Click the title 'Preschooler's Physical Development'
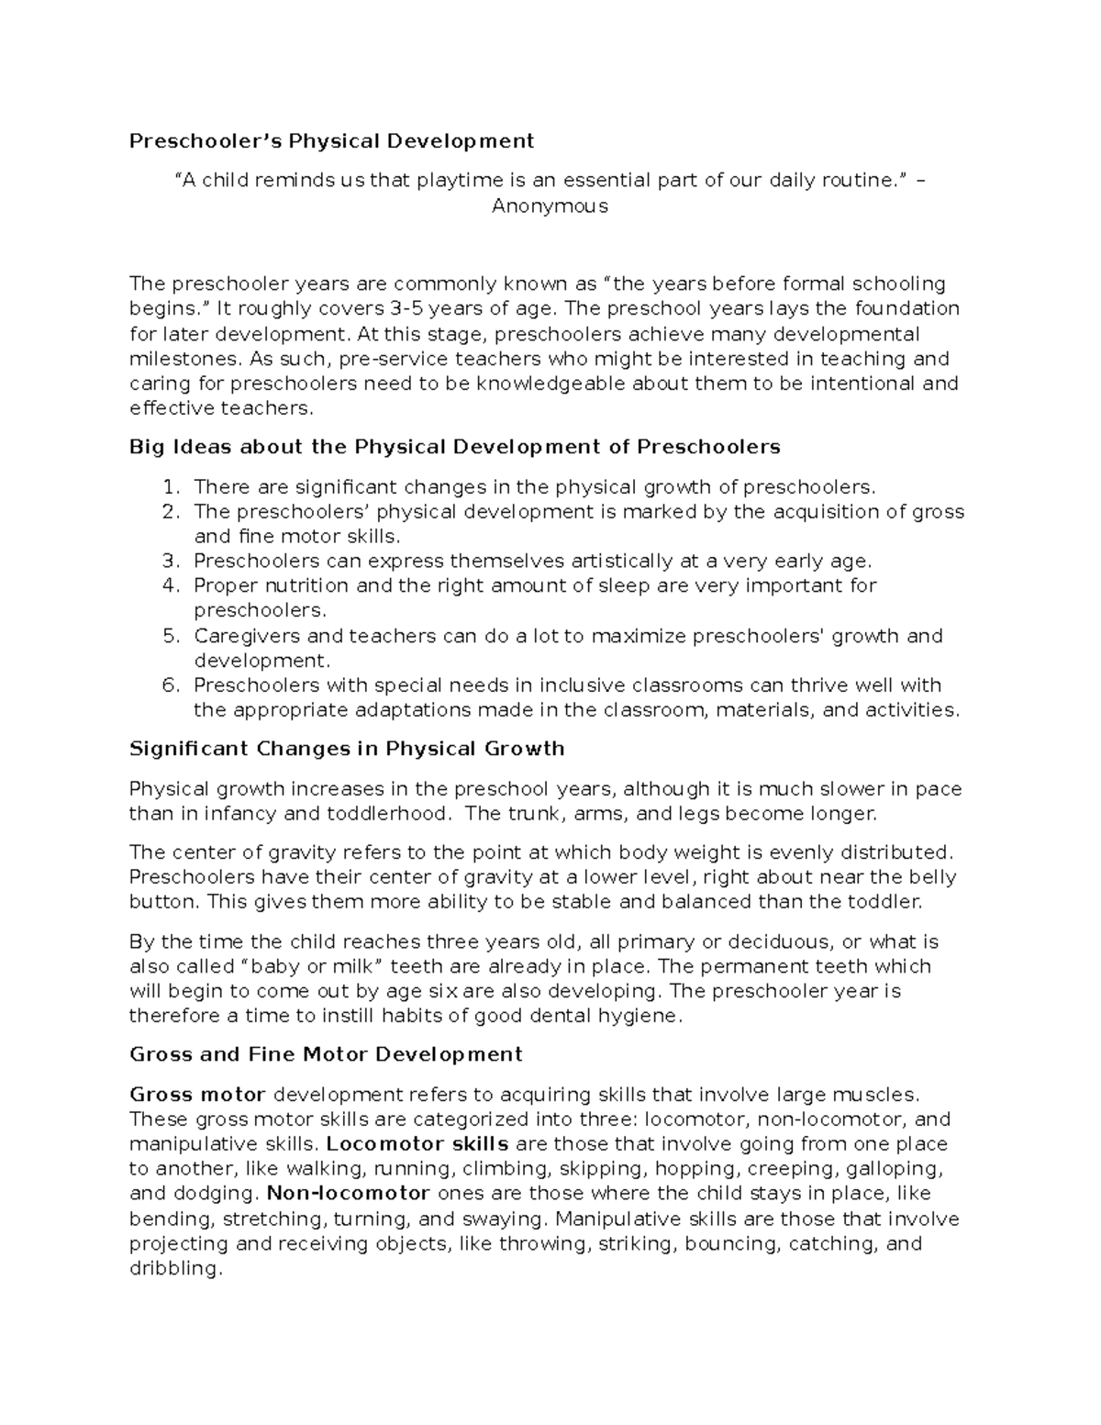pyautogui.click(x=331, y=140)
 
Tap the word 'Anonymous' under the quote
pyautogui.click(x=550, y=206)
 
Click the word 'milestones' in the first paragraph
pyautogui.click(x=177, y=359)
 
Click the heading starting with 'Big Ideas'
pyautogui.click(x=455, y=447)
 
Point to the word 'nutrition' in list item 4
pyautogui.click(x=303, y=585)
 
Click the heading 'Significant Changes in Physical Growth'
pyautogui.click(x=347, y=749)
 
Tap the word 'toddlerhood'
pyautogui.click(x=399, y=813)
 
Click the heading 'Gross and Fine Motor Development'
pyautogui.click(x=326, y=1054)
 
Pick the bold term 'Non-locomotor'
pyautogui.click(x=348, y=1194)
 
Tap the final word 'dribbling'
pyautogui.click(x=174, y=1269)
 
